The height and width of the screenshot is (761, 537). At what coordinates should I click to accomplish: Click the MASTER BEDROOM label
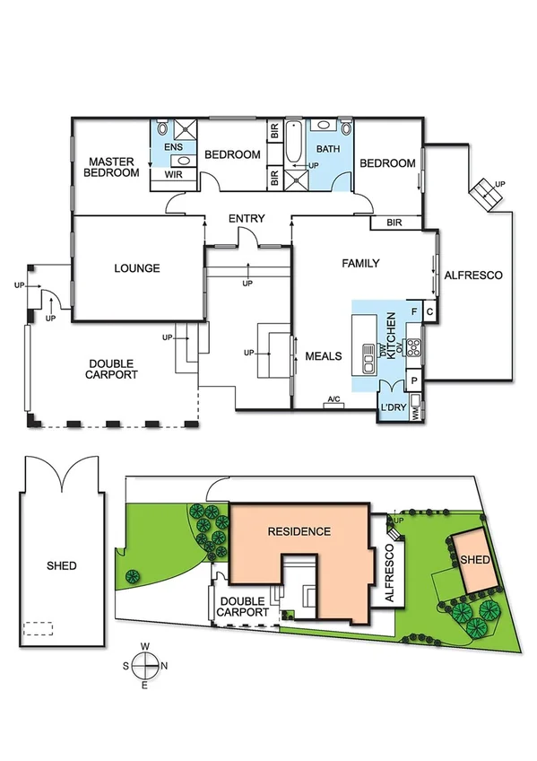click(110, 167)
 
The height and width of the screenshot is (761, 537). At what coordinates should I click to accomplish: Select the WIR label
click(173, 175)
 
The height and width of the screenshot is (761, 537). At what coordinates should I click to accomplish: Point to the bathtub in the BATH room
click(295, 143)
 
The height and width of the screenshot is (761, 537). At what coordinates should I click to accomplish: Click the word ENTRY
click(247, 219)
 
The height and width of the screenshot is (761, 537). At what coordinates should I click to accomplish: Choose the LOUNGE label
click(137, 267)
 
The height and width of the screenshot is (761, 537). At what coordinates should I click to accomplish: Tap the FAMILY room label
click(360, 264)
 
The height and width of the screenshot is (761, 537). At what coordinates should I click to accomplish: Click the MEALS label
click(324, 356)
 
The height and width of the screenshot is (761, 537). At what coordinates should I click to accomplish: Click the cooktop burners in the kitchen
click(414, 346)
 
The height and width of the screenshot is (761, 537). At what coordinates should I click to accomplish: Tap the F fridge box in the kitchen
click(413, 312)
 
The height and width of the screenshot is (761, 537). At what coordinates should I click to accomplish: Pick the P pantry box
click(413, 380)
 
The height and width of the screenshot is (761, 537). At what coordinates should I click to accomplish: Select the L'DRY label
click(395, 408)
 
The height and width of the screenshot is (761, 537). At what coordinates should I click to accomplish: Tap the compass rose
click(144, 665)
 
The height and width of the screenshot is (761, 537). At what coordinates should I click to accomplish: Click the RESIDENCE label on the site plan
click(299, 531)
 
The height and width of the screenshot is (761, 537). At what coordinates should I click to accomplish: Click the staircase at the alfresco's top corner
click(486, 194)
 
